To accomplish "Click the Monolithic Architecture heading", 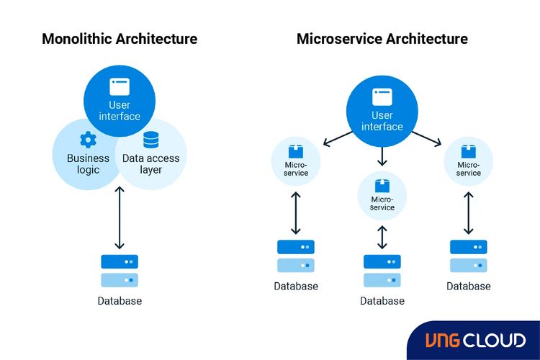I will click(x=120, y=38).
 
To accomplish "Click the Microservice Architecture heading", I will click(x=382, y=38).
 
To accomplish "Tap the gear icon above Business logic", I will click(x=88, y=140).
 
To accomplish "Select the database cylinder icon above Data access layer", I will click(x=150, y=140).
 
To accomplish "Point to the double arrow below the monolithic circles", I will click(x=120, y=217).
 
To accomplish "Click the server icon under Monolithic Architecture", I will click(x=120, y=271).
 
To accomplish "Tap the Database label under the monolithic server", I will click(x=120, y=301).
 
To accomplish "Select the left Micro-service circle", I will click(x=296, y=161).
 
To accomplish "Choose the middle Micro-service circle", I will click(x=382, y=196).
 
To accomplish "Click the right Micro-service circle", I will click(x=469, y=161).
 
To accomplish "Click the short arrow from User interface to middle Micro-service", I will click(x=382, y=156).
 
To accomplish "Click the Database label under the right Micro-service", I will click(x=469, y=286).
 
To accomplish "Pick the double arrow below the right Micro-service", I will click(x=469, y=212).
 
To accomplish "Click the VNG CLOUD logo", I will click(x=475, y=341).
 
